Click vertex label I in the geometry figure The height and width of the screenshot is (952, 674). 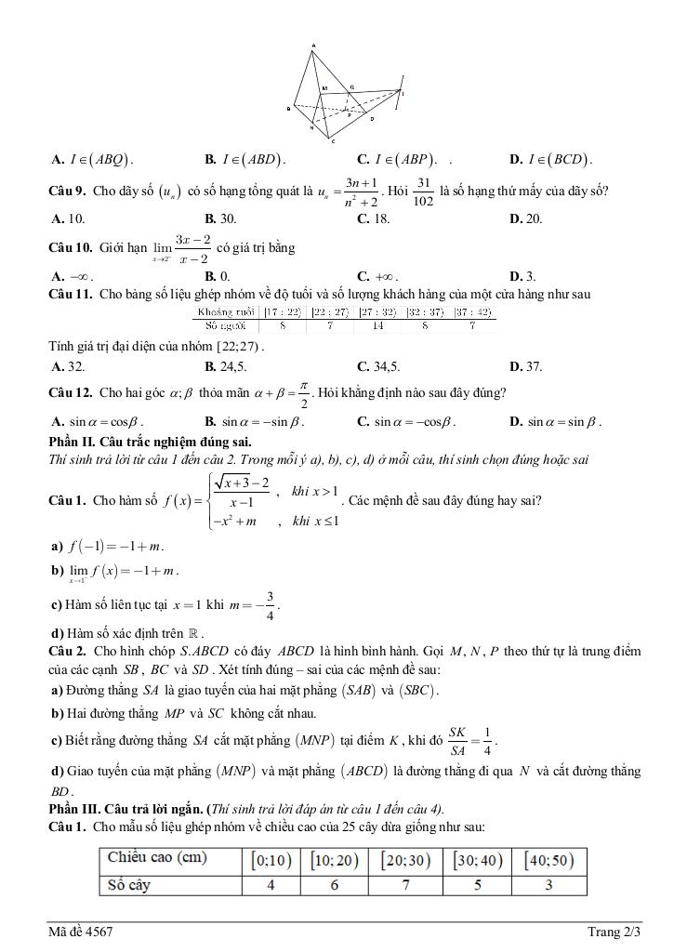403,92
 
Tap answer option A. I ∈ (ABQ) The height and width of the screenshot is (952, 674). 93,159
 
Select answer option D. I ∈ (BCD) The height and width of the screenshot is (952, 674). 552,159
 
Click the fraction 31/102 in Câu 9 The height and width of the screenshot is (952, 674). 424,192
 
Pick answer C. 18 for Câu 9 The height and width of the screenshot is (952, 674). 373,219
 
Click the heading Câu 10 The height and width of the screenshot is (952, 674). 70,248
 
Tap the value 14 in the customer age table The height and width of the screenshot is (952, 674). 377,325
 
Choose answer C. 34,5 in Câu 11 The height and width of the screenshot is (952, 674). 378,367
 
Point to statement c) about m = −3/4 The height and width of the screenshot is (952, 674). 164,603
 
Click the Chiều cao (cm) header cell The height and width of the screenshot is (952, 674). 157,857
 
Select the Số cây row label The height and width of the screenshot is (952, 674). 128,885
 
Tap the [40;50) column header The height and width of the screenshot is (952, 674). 549,859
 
